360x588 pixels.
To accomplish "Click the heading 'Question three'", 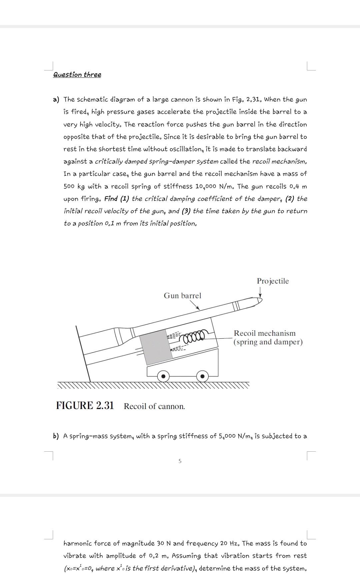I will point(77,75).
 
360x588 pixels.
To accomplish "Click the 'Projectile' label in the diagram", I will point(273,281).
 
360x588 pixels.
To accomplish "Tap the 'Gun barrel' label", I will point(182,296).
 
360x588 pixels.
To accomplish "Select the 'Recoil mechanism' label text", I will point(265,333).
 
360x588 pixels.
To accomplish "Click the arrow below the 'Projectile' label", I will point(260,292).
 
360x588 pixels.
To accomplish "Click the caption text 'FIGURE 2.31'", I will point(85,406).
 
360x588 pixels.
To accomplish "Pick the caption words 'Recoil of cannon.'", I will point(154,406).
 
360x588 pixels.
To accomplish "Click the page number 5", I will point(180,461).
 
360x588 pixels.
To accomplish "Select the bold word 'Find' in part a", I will point(111,199).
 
